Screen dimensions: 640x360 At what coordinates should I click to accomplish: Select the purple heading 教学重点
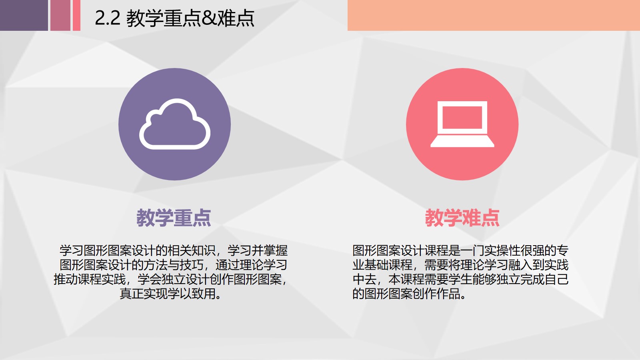[x=174, y=218]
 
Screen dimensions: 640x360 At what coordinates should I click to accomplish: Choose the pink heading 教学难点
[x=462, y=218]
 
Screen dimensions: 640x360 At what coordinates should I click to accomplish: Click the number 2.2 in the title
[x=108, y=18]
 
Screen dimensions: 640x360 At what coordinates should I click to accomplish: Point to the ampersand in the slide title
[x=209, y=18]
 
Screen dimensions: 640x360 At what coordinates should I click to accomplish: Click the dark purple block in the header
[x=24, y=15]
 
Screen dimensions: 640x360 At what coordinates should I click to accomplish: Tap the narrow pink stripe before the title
[x=76, y=15]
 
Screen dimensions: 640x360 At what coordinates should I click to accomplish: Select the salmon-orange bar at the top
[x=494, y=15]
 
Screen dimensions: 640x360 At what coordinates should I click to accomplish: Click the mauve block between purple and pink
[x=60, y=15]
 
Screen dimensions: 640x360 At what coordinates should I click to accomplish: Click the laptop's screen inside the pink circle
[x=462, y=118]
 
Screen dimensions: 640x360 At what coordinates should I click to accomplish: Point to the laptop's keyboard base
[x=462, y=142]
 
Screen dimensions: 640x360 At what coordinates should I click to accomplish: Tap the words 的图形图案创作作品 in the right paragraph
[x=406, y=294]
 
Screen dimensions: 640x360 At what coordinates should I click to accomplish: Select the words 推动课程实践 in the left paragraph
[x=90, y=280]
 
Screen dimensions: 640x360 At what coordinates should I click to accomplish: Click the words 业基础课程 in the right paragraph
[x=382, y=265]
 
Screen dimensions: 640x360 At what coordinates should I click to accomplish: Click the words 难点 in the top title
[x=236, y=18]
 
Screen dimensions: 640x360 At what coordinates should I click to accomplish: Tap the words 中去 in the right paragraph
[x=364, y=280]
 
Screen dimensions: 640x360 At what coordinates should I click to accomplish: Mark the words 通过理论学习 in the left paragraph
[x=252, y=265]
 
